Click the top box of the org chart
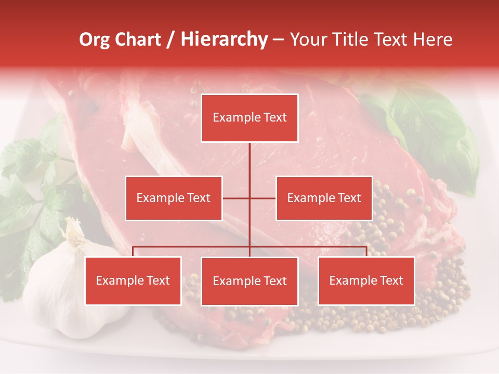click(249, 118)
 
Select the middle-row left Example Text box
click(174, 198)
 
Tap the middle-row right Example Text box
click(324, 198)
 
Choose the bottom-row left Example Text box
click(133, 280)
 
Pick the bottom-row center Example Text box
click(249, 281)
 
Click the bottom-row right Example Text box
click(366, 280)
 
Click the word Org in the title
click(94, 40)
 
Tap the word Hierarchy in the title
click(224, 40)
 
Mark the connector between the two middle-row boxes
click(249, 198)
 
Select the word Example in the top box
click(234, 118)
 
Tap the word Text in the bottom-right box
click(391, 280)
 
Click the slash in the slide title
click(171, 40)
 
